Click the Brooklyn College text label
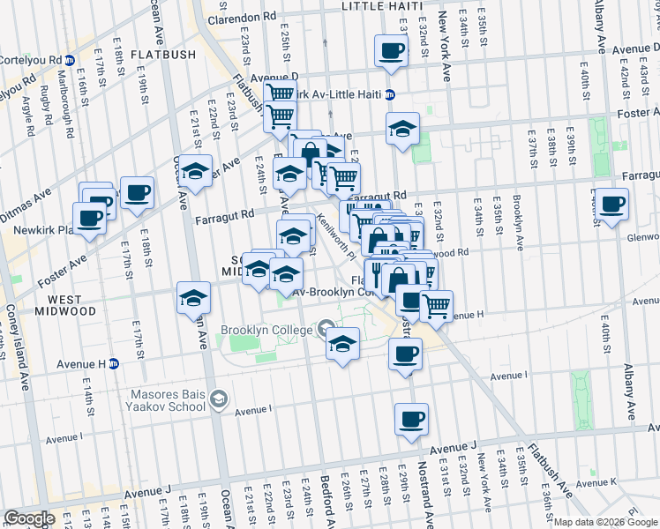click(266, 330)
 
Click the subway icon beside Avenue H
click(114, 363)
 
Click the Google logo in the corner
click(28, 518)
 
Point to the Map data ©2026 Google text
click(606, 522)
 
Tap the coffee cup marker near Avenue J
click(411, 421)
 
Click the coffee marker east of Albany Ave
click(611, 205)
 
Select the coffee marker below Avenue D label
click(391, 52)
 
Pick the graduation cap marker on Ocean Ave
click(194, 300)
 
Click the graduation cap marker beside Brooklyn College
click(342, 345)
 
